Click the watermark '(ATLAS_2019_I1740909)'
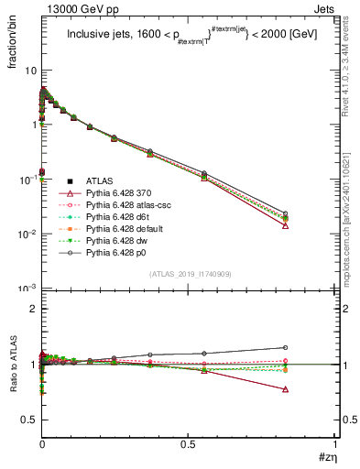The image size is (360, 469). click(189, 274)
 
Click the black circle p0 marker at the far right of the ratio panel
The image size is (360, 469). click(286, 347)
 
